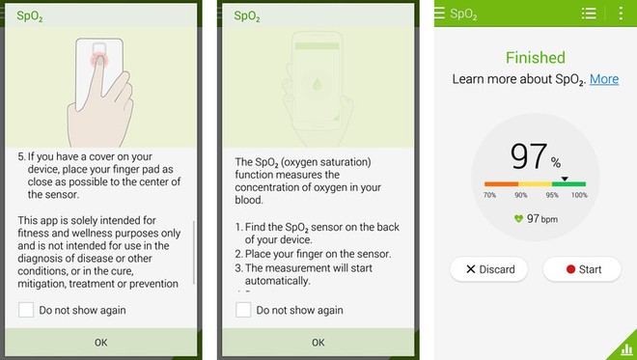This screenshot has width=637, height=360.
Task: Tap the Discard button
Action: (488, 269)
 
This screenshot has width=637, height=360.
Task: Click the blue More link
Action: (604, 79)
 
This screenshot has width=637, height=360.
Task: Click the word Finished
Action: (535, 58)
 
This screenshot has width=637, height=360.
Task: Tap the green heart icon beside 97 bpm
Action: (518, 219)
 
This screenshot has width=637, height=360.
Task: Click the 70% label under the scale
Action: (489, 195)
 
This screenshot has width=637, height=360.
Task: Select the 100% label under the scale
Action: (579, 195)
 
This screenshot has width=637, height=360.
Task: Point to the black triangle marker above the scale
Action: (565, 179)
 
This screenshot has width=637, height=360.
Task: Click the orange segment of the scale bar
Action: (501, 184)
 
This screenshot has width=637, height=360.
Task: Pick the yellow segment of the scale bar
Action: (535, 184)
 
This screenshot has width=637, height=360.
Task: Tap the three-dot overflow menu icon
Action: (621, 14)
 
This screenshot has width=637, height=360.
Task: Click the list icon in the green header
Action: (589, 14)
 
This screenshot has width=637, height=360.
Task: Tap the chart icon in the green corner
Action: (626, 349)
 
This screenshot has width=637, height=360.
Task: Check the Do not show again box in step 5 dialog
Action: (26, 310)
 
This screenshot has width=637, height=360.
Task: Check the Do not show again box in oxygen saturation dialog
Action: (243, 310)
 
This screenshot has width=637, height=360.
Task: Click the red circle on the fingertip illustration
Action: (99, 61)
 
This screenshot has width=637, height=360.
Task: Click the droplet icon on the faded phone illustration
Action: (317, 85)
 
